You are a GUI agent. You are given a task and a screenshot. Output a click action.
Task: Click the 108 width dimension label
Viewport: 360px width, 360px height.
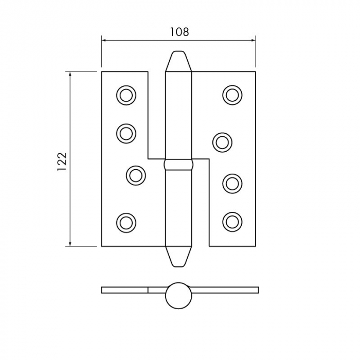[179, 32]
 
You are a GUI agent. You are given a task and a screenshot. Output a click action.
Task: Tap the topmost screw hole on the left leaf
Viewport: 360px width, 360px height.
[126, 95]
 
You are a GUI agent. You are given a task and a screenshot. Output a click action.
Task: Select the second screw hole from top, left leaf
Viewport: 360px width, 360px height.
[126, 133]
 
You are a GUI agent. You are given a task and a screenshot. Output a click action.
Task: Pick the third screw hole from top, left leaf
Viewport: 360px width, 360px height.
[136, 175]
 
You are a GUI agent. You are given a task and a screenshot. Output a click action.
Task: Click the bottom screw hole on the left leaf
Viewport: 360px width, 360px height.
[126, 222]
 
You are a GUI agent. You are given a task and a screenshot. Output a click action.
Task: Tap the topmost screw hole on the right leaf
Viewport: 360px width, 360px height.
[232, 95]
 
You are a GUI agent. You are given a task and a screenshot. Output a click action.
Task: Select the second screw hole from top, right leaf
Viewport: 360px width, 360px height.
[222, 142]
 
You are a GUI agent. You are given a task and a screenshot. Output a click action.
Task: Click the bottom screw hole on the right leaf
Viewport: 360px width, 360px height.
[232, 221]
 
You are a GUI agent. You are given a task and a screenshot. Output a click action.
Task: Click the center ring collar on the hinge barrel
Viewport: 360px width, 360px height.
[178, 166]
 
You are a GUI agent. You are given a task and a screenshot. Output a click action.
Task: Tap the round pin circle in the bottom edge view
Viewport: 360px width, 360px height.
[178, 295]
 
